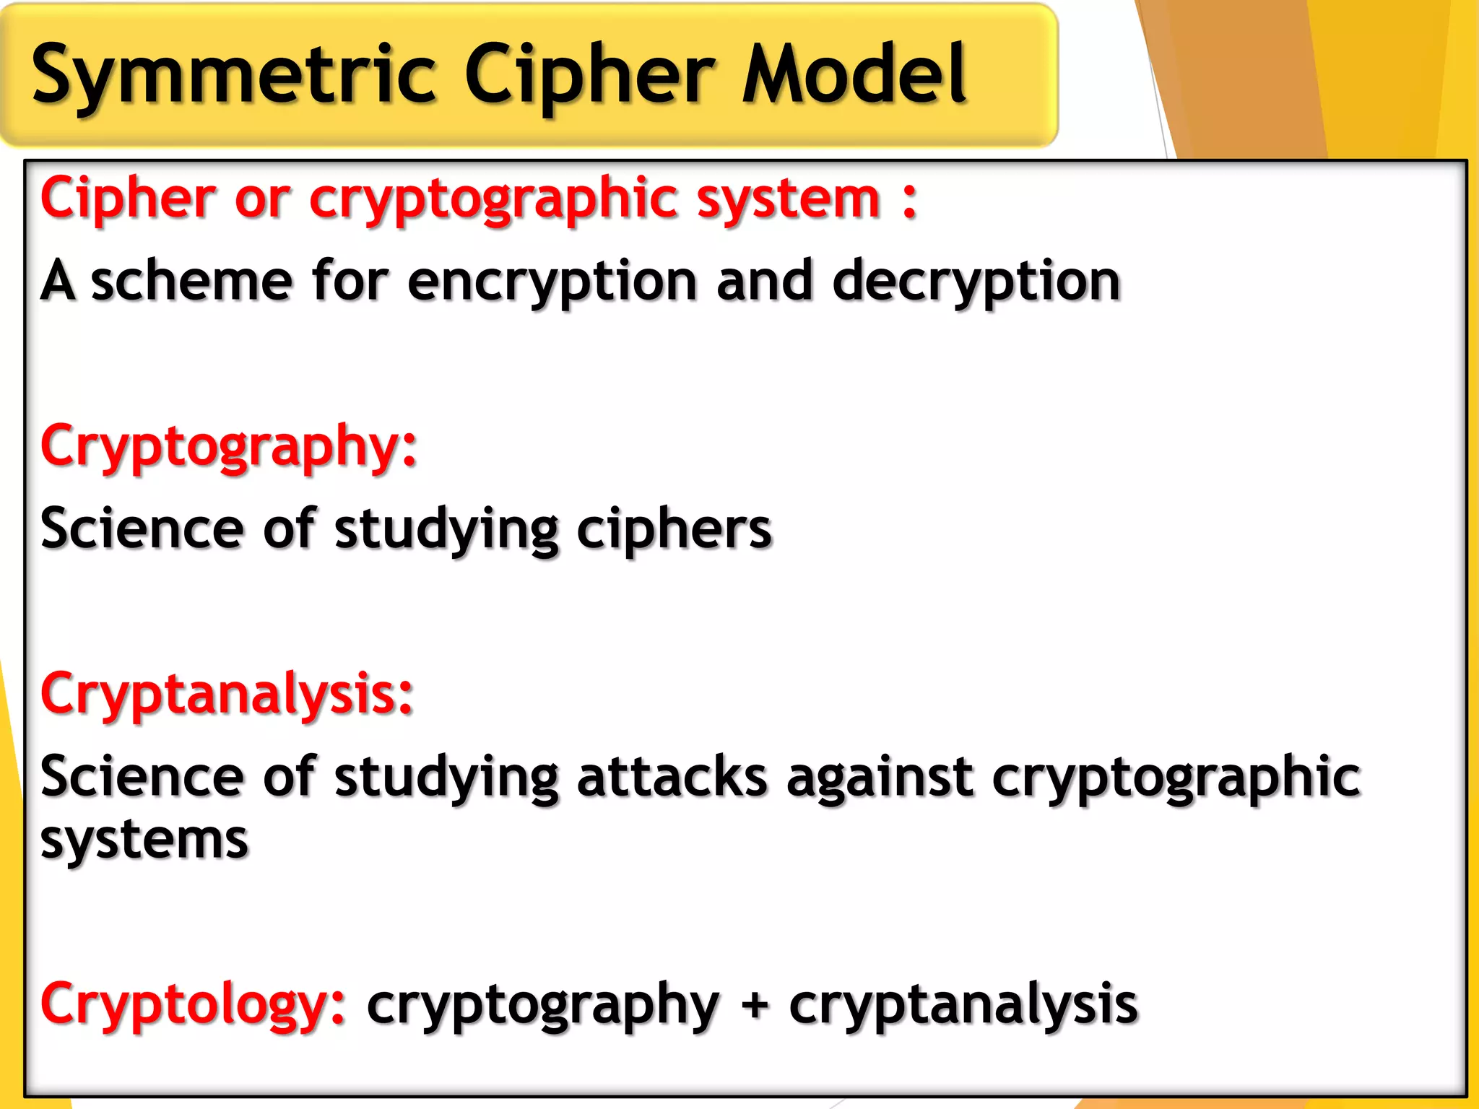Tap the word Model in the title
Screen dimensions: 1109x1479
pos(854,74)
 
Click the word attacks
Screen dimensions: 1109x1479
pos(672,777)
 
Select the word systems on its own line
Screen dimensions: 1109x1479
pos(144,840)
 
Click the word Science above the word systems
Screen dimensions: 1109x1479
pos(142,777)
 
